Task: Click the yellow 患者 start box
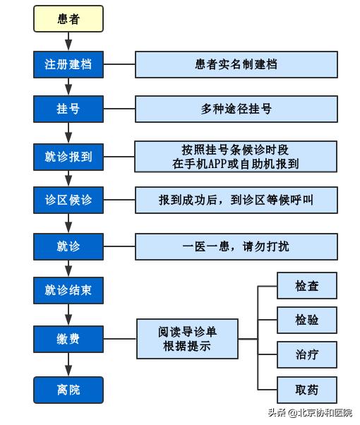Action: coord(68,19)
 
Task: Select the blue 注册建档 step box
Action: coord(68,64)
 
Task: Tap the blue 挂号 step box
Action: coord(68,109)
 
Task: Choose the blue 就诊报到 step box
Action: coord(68,156)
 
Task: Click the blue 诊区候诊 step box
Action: coord(68,200)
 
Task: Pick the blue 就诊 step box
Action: coord(68,246)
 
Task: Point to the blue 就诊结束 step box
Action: coord(68,289)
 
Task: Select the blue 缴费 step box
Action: coord(68,339)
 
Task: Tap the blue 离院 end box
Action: coord(68,389)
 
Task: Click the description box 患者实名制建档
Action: coord(236,64)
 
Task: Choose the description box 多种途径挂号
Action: coord(236,109)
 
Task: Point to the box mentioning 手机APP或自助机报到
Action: coord(236,156)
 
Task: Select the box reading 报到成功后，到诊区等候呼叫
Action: coord(236,200)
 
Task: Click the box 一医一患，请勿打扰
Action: coord(236,246)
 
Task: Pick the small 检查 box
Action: coord(306,285)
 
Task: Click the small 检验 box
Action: coord(306,320)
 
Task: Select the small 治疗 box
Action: coord(306,354)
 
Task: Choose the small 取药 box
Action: coord(306,389)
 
